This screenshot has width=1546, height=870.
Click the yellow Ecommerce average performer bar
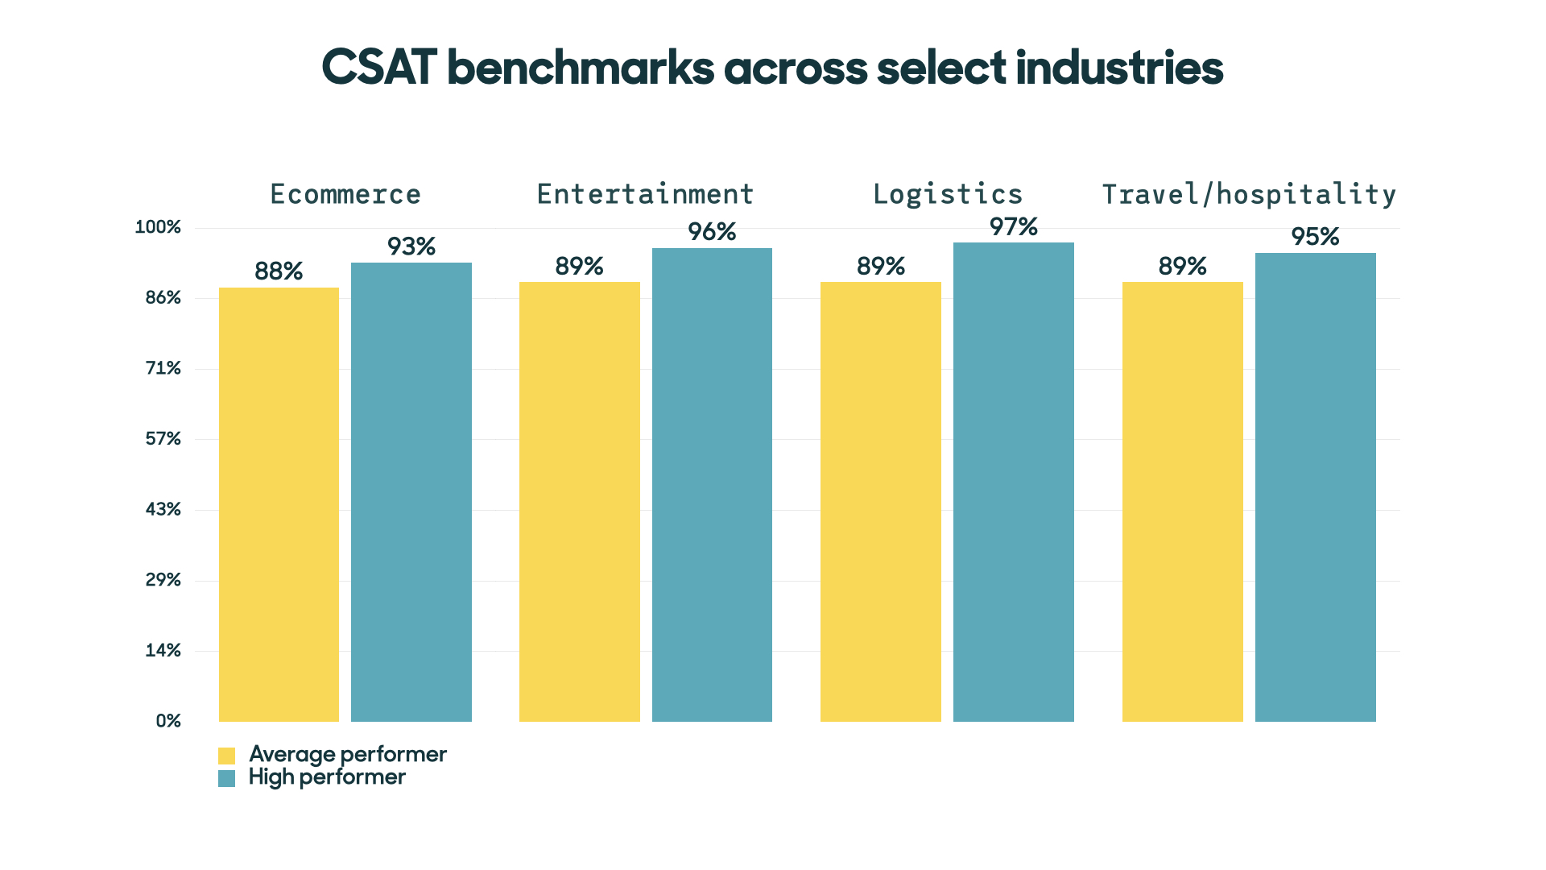click(279, 504)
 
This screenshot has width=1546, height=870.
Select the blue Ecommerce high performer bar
click(411, 491)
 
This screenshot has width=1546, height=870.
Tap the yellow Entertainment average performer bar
click(579, 501)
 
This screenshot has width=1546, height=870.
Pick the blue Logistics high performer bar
click(1013, 482)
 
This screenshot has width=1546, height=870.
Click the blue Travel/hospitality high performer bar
click(1315, 487)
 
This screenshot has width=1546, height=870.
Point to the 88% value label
click(279, 271)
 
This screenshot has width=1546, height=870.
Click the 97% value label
click(1013, 227)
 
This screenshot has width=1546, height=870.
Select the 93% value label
click(411, 246)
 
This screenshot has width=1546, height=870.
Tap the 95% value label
click(1315, 237)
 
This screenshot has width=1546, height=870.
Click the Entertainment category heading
click(645, 194)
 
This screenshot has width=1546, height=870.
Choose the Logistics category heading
click(948, 194)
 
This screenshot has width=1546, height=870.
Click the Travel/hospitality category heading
click(1249, 194)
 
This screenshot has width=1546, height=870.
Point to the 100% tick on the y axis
click(158, 227)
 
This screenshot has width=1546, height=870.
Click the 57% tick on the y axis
click(163, 439)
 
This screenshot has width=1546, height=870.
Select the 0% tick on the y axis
click(168, 721)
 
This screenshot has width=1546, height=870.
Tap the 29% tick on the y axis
click(163, 580)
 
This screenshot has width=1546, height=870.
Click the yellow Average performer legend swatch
click(226, 756)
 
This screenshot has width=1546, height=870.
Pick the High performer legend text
click(327, 777)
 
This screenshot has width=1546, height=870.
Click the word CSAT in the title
click(378, 68)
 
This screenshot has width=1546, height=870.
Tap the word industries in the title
click(1119, 68)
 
